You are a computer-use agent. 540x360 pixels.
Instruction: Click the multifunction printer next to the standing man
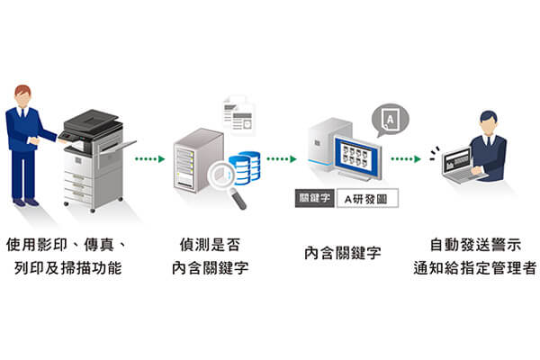coord(94,157)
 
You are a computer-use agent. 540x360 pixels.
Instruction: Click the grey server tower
coord(197,162)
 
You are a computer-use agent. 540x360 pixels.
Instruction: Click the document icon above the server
coord(239,118)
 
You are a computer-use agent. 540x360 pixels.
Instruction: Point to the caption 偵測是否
coord(211,243)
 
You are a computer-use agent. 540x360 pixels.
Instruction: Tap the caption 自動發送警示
coord(473,243)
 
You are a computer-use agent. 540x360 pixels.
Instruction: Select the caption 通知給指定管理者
coord(473,267)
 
